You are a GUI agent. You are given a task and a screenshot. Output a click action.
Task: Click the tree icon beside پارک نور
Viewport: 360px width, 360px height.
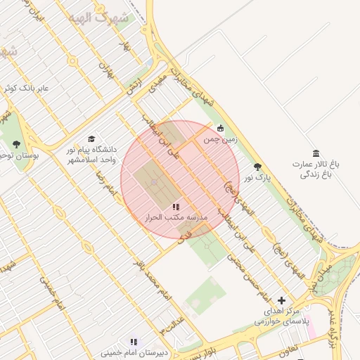coord(257,167)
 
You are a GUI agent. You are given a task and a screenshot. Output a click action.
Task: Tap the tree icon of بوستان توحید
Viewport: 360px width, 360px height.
coord(16,144)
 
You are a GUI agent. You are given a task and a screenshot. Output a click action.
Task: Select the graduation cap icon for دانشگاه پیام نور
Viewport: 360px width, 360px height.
coord(90,139)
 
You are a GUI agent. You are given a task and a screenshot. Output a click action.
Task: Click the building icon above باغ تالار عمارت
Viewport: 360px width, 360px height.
coord(316,153)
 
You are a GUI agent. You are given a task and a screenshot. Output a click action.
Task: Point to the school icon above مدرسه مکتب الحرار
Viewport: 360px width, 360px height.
coord(176,207)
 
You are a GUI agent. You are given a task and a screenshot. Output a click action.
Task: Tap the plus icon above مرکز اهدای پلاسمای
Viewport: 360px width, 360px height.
coord(282,300)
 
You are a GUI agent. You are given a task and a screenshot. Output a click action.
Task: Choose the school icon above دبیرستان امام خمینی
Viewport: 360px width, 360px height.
coord(134,342)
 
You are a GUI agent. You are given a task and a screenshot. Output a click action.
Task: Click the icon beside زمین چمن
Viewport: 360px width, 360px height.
coord(221,128)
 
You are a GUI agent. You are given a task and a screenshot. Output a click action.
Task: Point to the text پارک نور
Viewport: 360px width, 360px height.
coord(257,178)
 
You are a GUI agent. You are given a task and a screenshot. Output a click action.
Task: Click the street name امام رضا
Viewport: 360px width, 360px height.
coord(105,182)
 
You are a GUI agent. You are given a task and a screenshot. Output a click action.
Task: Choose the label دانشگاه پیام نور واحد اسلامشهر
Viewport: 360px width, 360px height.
coord(91,155)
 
